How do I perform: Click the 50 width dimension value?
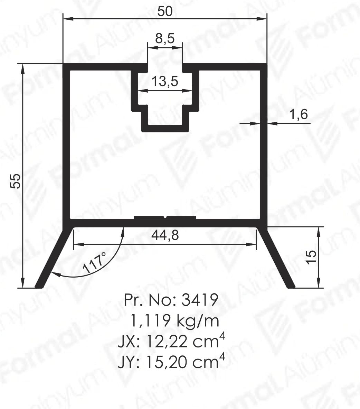point(165,11)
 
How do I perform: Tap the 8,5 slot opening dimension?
point(165,39)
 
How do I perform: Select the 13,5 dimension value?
point(165,81)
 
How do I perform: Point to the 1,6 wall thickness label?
point(299,114)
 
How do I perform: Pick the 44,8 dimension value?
point(165,235)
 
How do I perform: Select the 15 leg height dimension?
point(311,257)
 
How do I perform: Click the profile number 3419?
point(200,300)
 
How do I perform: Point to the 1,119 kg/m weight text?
point(174,320)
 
